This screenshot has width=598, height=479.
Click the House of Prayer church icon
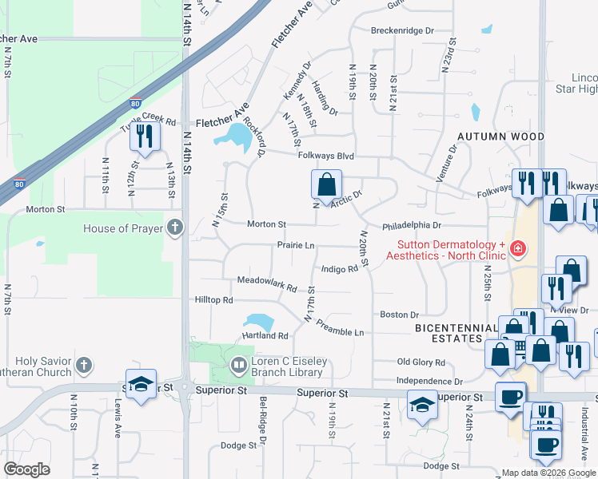(176, 228)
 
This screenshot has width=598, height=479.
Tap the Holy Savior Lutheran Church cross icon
(85, 366)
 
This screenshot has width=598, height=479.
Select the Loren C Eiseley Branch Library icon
(238, 366)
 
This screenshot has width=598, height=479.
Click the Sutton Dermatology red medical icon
(518, 249)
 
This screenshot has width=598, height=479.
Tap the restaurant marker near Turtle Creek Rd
(145, 136)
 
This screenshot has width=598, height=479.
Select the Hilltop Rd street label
(213, 300)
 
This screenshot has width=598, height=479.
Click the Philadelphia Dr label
(412, 226)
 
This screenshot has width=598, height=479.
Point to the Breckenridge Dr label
(402, 30)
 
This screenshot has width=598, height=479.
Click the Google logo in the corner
(27, 469)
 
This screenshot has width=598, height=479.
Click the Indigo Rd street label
(339, 269)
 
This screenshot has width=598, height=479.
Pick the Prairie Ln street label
(296, 245)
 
